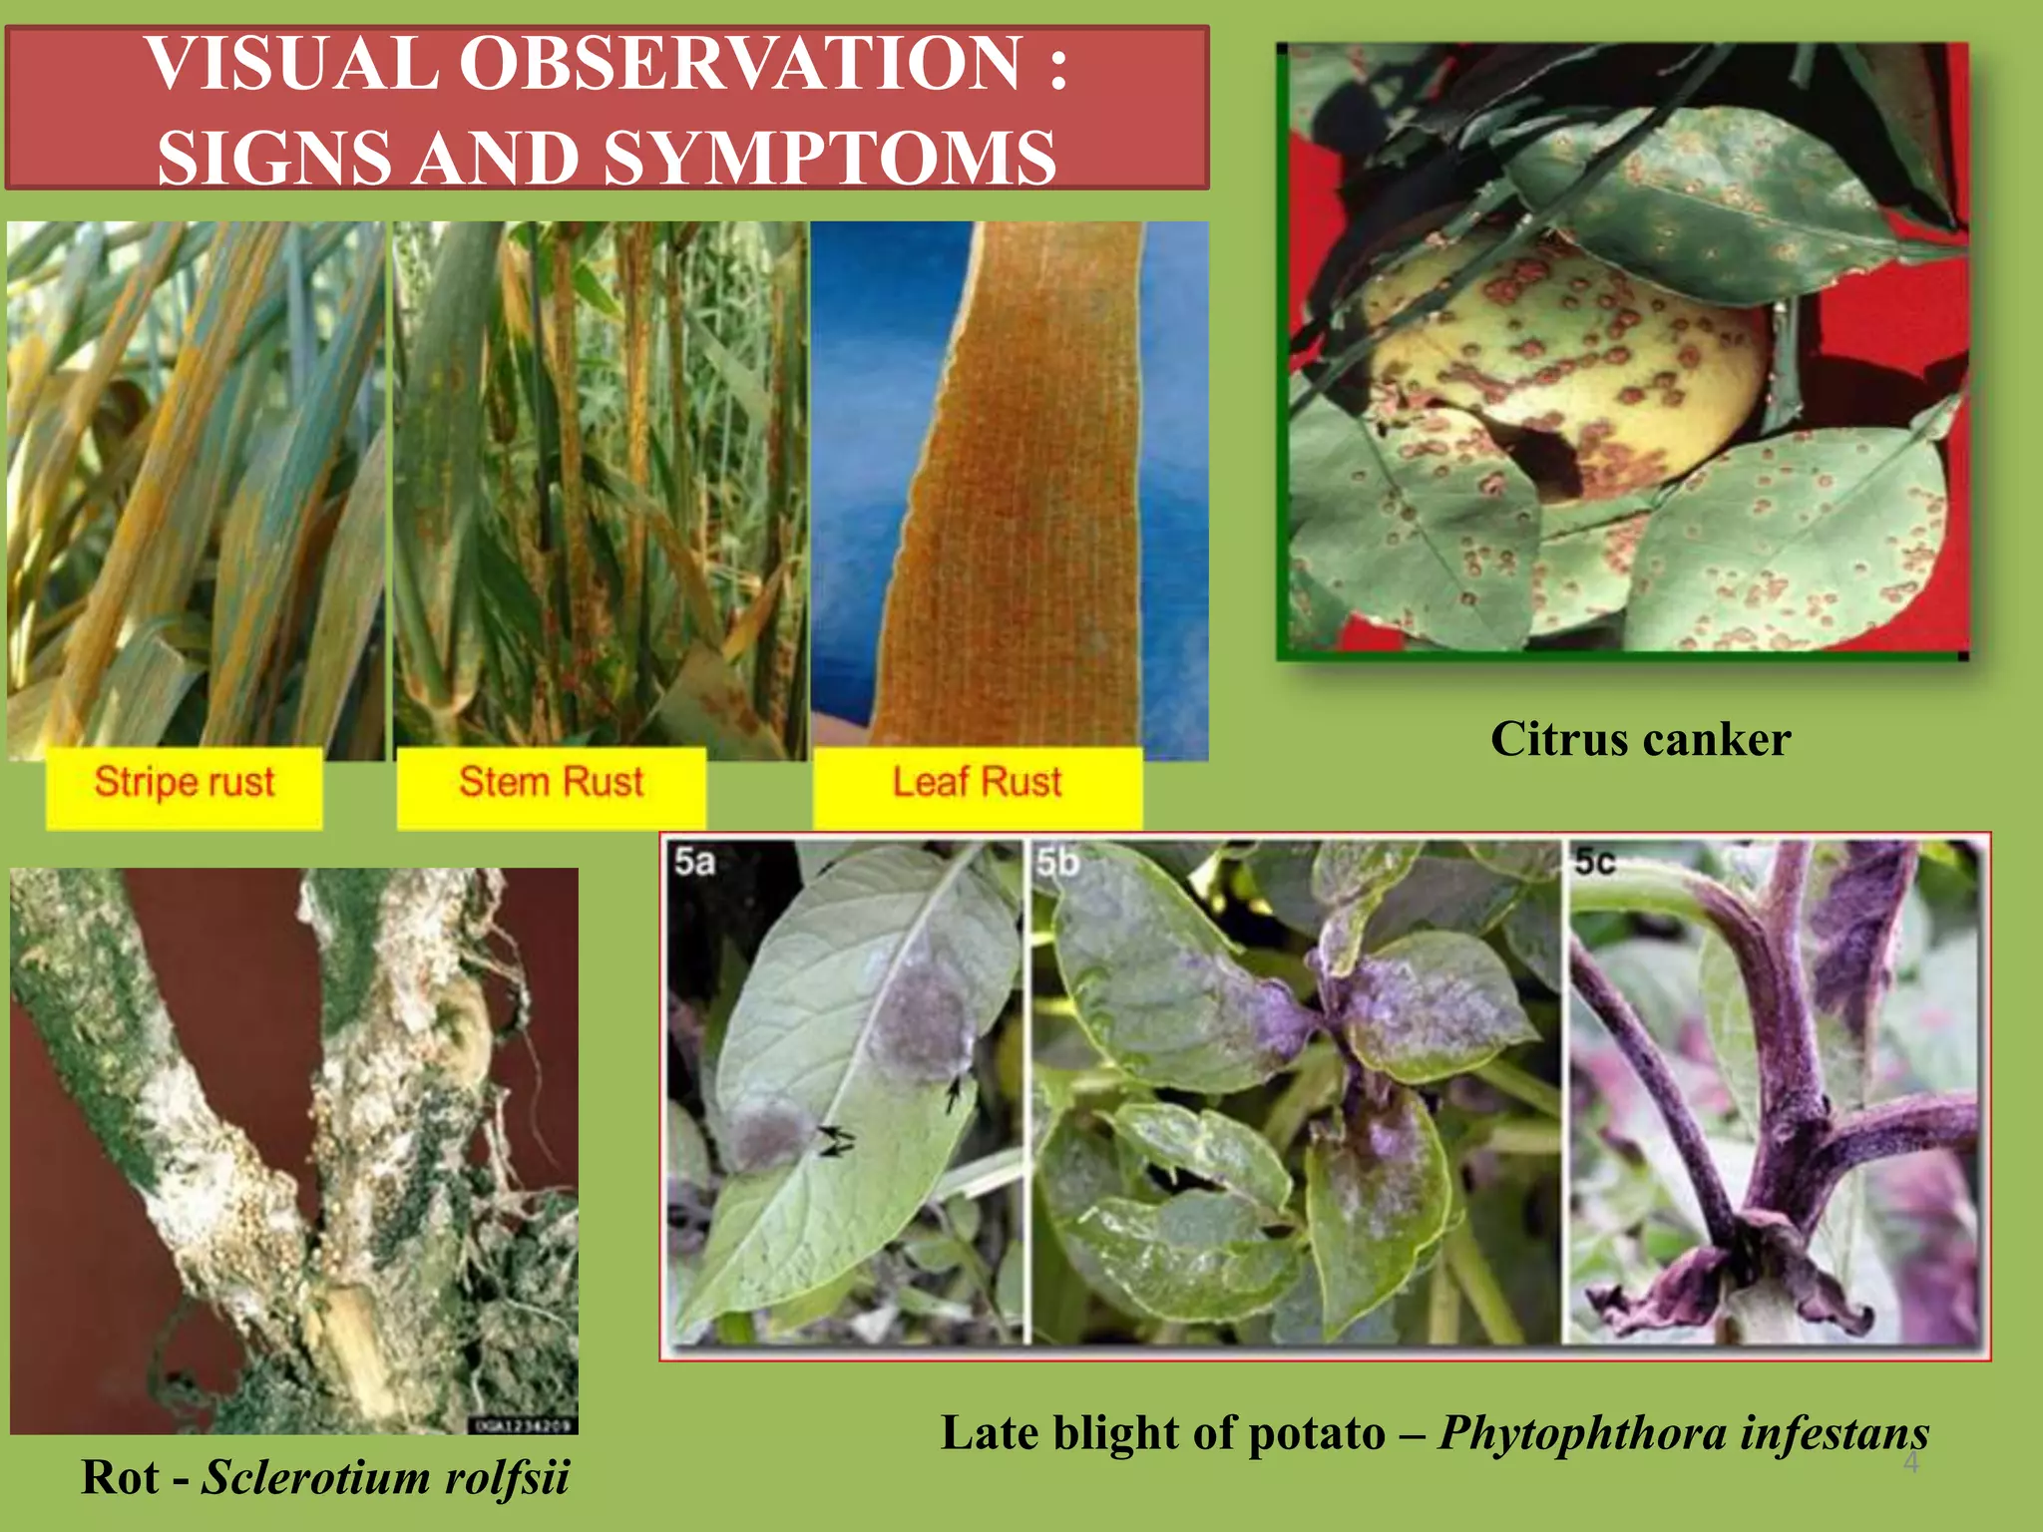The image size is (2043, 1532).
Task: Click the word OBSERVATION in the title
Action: point(739,64)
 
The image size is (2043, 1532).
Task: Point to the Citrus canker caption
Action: point(1640,740)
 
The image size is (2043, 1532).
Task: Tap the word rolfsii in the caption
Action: point(507,1477)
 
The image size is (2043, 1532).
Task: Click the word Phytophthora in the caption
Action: point(1582,1434)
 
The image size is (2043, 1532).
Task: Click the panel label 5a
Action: point(694,862)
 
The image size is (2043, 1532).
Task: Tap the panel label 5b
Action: point(1057,862)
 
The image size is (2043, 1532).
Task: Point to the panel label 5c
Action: point(1594,862)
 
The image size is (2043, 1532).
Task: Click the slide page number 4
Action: point(1910,1464)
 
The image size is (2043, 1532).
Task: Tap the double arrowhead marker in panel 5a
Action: point(835,1140)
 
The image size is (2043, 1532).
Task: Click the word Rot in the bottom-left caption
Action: point(120,1477)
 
